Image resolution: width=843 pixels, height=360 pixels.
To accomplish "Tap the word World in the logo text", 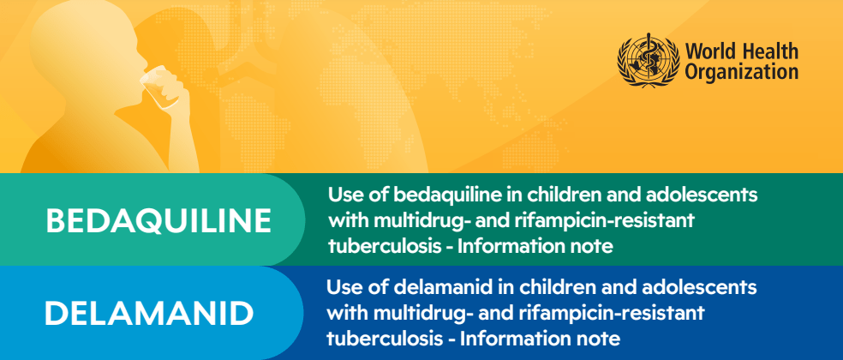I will [704, 50].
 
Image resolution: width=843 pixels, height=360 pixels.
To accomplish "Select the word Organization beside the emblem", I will [742, 73].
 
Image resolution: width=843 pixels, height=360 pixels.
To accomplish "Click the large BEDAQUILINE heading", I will [158, 220].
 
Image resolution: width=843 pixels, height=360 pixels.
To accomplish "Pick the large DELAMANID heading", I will [149, 313].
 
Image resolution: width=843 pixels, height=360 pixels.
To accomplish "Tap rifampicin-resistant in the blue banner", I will [607, 312].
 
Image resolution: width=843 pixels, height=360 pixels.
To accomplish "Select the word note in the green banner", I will [594, 248].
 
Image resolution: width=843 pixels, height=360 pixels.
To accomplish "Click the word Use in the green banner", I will [344, 195].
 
